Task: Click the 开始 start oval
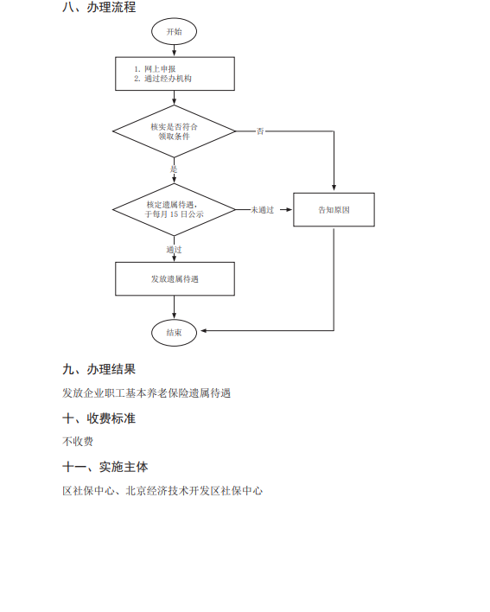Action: [174, 31]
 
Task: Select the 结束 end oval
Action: [174, 333]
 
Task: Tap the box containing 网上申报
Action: [175, 73]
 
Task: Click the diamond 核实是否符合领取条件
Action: [174, 131]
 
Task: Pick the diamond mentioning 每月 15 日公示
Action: [174, 209]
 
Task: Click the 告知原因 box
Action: [334, 209]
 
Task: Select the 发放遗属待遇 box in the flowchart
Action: [175, 278]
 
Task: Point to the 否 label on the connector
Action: [260, 131]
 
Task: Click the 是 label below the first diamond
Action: [174, 169]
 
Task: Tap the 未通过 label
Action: [262, 210]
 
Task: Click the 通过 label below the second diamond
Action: [174, 250]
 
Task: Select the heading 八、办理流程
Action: [99, 7]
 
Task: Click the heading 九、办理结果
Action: [99, 369]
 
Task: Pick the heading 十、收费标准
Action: [99, 418]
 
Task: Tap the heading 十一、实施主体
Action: [105, 467]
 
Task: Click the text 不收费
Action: [78, 442]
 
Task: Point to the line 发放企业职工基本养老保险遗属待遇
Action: [147, 393]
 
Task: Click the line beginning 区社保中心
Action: [162, 491]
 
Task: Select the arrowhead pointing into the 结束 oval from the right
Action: [204, 330]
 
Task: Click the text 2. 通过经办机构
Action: [162, 79]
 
